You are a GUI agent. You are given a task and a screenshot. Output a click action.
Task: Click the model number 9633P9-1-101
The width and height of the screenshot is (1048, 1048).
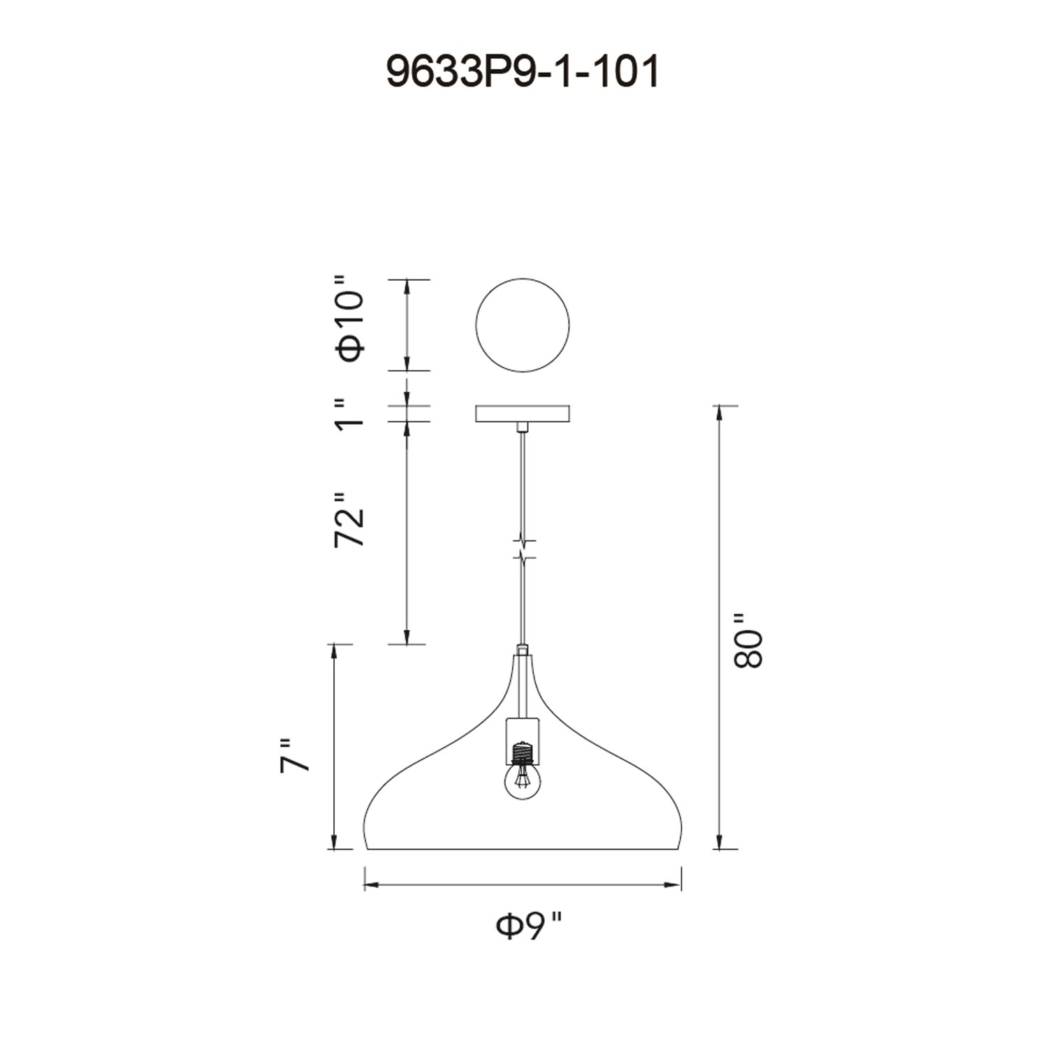tap(523, 72)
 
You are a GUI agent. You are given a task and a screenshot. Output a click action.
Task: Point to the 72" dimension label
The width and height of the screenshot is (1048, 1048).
tap(350, 519)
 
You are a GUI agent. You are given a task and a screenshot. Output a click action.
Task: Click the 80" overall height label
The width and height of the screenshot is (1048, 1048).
tap(748, 641)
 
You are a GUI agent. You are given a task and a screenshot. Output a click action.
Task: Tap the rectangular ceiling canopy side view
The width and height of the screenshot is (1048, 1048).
tap(523, 414)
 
